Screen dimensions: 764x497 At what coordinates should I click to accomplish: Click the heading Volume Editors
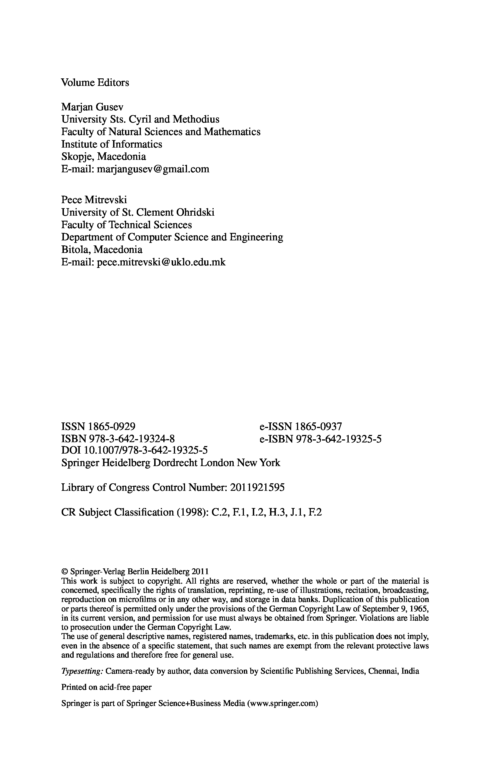tap(95, 83)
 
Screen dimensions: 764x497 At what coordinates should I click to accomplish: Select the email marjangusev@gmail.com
tap(153, 169)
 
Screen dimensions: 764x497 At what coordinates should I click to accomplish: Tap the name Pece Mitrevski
tap(94, 200)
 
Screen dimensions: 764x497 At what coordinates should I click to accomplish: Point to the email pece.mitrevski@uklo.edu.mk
tap(161, 262)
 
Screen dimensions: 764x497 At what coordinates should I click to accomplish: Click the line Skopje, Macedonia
tap(103, 157)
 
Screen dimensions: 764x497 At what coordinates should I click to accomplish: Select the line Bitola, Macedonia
tap(102, 250)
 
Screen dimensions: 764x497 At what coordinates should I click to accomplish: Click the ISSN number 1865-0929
tap(112, 427)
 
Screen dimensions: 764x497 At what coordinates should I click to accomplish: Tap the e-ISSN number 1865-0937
tap(318, 427)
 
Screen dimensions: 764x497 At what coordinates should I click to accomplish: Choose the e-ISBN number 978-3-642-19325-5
tap(339, 439)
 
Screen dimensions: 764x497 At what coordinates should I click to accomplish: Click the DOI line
tap(134, 451)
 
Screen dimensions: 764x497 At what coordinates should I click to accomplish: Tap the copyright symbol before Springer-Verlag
tap(64, 572)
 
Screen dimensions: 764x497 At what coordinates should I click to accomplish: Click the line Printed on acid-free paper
tap(106, 687)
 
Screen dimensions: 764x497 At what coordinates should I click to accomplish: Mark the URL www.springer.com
tap(282, 704)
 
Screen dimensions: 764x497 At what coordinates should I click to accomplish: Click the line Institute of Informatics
tap(112, 145)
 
